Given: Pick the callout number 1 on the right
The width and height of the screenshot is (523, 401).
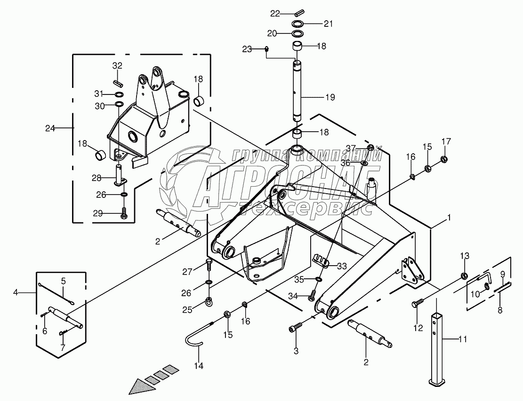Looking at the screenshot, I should [449, 218].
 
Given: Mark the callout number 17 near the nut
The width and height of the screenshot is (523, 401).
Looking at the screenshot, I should [446, 142].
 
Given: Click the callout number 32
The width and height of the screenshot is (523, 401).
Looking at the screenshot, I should [117, 65].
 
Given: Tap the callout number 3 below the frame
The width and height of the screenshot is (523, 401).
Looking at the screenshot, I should [296, 350].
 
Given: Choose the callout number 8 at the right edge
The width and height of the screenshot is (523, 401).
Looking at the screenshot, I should [500, 310].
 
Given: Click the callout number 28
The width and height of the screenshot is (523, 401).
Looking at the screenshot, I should [97, 178].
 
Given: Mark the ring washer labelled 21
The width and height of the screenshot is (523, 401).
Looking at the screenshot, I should [298, 24].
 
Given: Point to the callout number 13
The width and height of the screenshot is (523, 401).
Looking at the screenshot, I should [465, 256].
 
